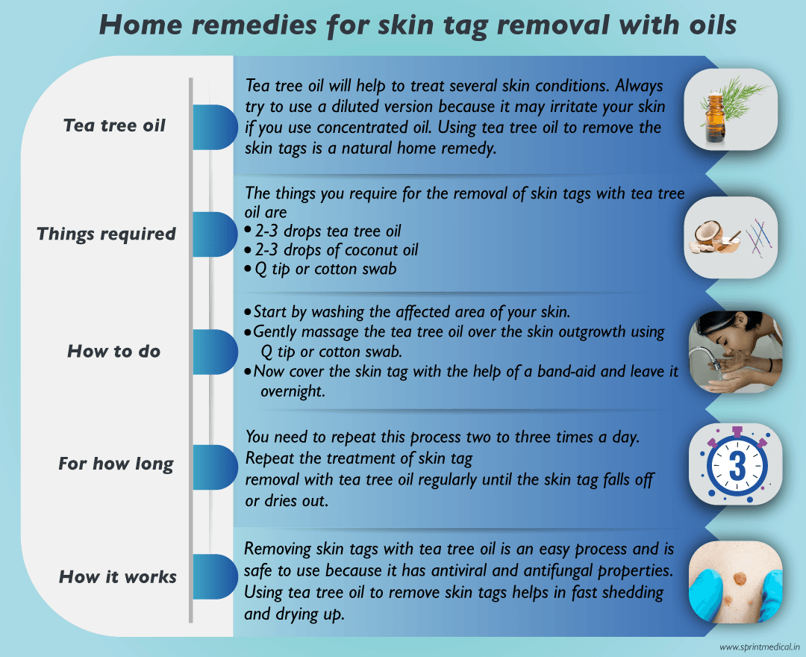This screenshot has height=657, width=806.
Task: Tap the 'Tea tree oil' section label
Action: pyautogui.click(x=114, y=125)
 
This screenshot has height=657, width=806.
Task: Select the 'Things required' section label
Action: pyautogui.click(x=106, y=234)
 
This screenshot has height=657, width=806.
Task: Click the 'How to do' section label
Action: pyautogui.click(x=114, y=351)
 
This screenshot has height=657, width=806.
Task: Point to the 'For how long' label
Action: pyautogui.click(x=116, y=464)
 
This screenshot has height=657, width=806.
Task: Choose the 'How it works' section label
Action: pyautogui.click(x=118, y=576)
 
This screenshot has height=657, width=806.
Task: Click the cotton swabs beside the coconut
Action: pyautogui.click(x=760, y=238)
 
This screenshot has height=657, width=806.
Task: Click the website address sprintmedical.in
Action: pyautogui.click(x=760, y=647)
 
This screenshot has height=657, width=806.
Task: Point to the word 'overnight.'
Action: pyautogui.click(x=293, y=390)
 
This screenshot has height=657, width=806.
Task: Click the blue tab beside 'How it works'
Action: pyautogui.click(x=213, y=576)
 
